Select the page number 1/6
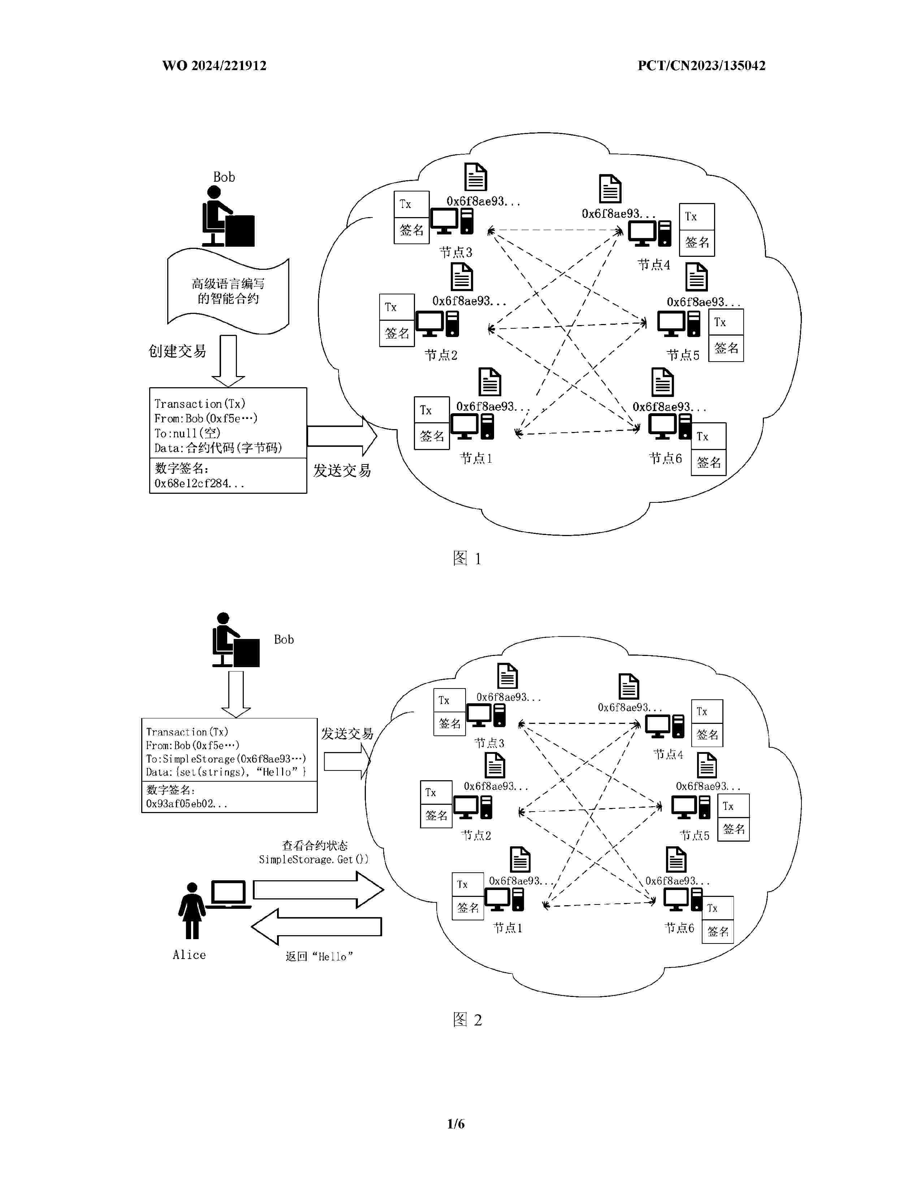(x=455, y=1123)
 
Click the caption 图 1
(x=467, y=558)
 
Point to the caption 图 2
(x=467, y=1020)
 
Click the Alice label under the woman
(x=189, y=955)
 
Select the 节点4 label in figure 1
(x=654, y=265)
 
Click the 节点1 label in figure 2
(x=507, y=928)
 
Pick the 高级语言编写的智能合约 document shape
(x=228, y=291)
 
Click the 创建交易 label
(x=177, y=351)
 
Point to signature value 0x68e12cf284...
(x=199, y=484)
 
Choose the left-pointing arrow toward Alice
(x=316, y=927)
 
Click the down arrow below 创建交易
(x=228, y=360)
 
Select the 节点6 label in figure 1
(x=665, y=458)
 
